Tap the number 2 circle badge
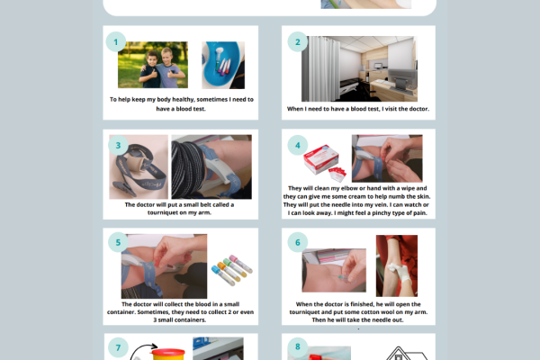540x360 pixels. coord(297,41)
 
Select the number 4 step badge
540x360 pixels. coord(297,145)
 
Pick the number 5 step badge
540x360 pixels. coord(116,242)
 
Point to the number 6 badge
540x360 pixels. coord(297,242)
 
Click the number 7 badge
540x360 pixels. coord(116,347)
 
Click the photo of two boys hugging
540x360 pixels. coord(152,65)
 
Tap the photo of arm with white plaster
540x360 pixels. coord(396,266)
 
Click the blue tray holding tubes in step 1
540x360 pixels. coord(223,65)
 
